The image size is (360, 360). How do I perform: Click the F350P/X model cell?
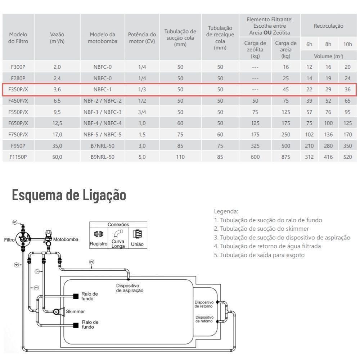[18, 90]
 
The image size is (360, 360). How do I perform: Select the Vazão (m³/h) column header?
[57, 37]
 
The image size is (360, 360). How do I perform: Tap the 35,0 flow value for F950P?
[57, 146]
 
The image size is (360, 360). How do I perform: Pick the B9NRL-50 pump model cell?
[103, 157]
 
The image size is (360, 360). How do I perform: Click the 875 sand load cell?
[286, 157]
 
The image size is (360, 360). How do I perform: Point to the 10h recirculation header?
[347, 44]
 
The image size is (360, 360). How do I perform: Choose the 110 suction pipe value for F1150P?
[180, 157]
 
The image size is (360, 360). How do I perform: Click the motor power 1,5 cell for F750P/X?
[142, 134]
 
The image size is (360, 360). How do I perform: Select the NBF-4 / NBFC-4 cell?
[103, 123]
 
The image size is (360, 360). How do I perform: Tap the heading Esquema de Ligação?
[69, 195]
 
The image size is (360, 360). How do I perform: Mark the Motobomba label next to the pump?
[66, 239]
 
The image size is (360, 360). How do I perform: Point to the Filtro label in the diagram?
[10, 239]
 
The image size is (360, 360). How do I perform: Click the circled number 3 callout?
[91, 262]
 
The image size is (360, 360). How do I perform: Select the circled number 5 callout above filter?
[15, 222]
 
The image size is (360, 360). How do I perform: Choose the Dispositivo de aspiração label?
[130, 288]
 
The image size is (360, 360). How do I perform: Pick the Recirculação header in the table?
[328, 26]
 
